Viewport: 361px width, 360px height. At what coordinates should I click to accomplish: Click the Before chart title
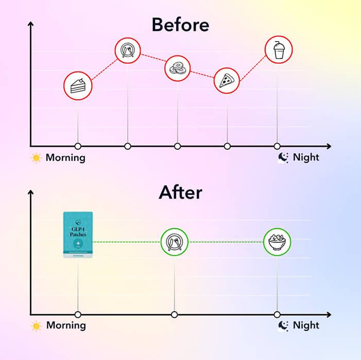pos(180,24)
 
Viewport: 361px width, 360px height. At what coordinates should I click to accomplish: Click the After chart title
pos(180,192)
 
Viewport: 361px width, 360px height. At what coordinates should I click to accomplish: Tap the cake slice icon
pos(78,85)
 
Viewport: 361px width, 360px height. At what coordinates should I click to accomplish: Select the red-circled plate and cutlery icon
pos(127,50)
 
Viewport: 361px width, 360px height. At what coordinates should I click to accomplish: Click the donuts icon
pos(178,68)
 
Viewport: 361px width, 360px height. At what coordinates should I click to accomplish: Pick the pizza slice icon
pos(227,81)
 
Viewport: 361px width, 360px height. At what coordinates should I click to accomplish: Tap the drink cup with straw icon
pos(279,50)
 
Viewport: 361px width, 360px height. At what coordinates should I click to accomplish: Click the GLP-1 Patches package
pos(78,235)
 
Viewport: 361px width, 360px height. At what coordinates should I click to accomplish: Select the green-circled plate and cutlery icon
pos(174,242)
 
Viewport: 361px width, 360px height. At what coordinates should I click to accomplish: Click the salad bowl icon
pos(277,242)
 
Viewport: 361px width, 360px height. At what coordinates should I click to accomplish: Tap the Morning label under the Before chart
pos(65,158)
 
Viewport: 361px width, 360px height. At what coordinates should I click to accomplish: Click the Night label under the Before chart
pos(306,158)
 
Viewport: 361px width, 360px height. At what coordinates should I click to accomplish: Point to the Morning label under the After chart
pos(66,326)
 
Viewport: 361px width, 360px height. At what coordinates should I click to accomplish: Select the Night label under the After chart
pos(306,326)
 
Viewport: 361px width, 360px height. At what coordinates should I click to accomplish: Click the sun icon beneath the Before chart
pos(36,158)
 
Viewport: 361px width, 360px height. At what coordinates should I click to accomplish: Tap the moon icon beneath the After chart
pos(283,326)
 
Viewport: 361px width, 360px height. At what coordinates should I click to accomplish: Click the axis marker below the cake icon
pos(78,146)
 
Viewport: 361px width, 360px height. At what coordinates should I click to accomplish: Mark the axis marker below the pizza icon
pos(227,146)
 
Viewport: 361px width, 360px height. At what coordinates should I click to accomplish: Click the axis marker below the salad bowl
pos(277,314)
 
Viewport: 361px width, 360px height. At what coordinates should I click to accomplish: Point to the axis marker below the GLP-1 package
pos(78,314)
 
